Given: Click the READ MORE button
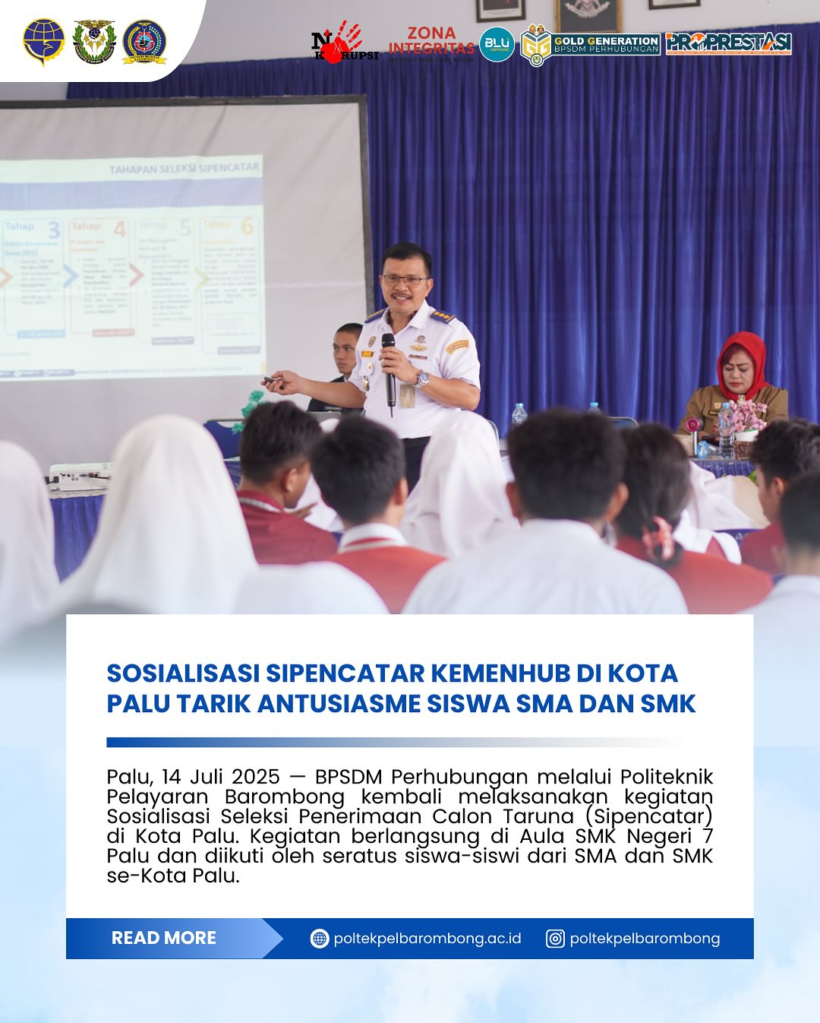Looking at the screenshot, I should coord(164,938).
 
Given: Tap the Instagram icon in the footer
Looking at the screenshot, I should coord(555,939).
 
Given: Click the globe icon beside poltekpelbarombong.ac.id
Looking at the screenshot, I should coord(320,939).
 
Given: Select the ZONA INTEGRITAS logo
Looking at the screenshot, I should coord(431,42).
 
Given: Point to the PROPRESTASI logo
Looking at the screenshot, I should coord(728,43).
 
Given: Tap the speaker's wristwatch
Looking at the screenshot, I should coord(421,378).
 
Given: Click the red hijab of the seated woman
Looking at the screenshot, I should coord(744,361).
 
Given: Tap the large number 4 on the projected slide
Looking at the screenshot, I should coord(120,229).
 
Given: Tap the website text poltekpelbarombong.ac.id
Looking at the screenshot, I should coord(427,939).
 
